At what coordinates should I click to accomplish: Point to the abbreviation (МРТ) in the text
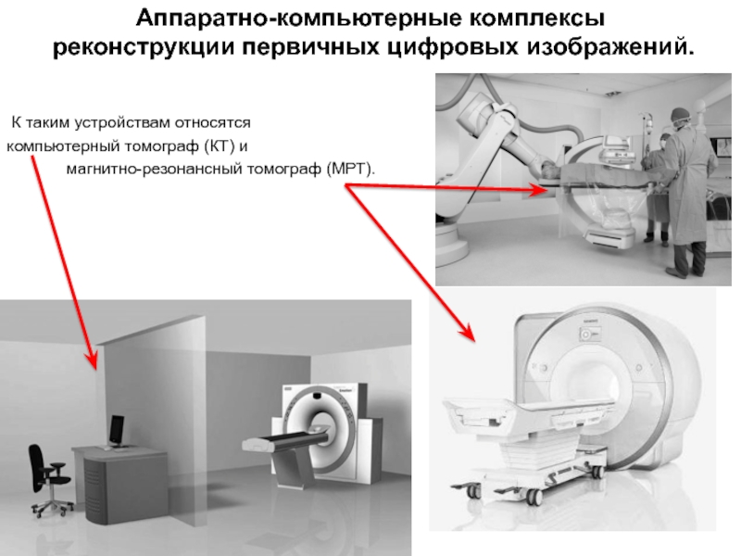(351, 169)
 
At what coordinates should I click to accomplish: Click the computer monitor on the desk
(117, 430)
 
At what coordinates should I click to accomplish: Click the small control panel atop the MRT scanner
(589, 335)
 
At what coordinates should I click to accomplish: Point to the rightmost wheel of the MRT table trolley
(598, 472)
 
